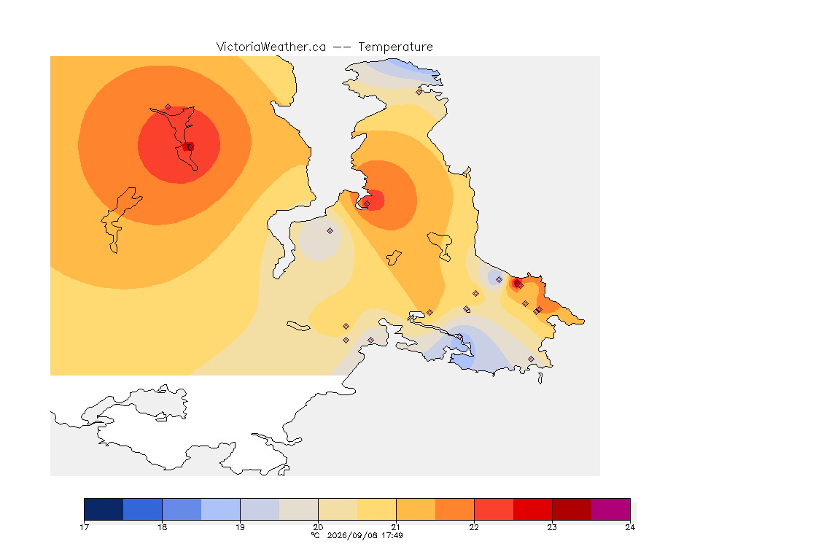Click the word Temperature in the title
395,47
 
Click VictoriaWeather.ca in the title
271,47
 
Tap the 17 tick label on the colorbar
84,527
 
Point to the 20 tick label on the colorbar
318,527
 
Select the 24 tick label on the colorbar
630,527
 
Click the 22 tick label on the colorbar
474,527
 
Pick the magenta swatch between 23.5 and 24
611,509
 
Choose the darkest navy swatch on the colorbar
104,509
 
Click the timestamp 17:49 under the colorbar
392,535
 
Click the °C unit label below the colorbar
316,535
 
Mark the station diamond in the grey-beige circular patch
330,231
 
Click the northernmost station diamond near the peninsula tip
419,92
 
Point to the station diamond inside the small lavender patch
499,280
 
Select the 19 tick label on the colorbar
240,527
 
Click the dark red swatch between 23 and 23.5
572,509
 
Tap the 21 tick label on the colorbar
396,527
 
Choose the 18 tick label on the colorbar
163,527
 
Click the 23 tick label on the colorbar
552,527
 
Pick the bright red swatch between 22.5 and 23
532,509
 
